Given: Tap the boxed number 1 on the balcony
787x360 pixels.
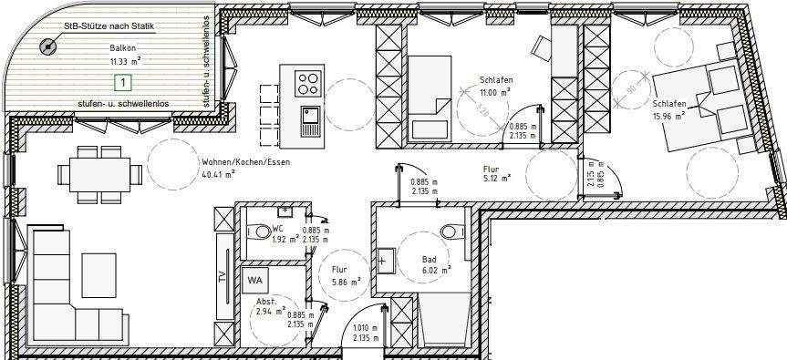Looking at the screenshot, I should (x=120, y=83).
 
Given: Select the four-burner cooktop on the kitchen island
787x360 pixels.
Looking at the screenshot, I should (x=309, y=84).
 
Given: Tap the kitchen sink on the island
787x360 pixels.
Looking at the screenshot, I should (x=309, y=118).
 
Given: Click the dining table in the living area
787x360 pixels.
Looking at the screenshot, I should (x=100, y=171).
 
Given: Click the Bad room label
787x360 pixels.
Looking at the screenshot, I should (x=428, y=259).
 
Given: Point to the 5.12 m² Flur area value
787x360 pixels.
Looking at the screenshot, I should (x=498, y=179).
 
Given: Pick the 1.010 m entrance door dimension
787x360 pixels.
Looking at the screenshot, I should (x=363, y=329).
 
